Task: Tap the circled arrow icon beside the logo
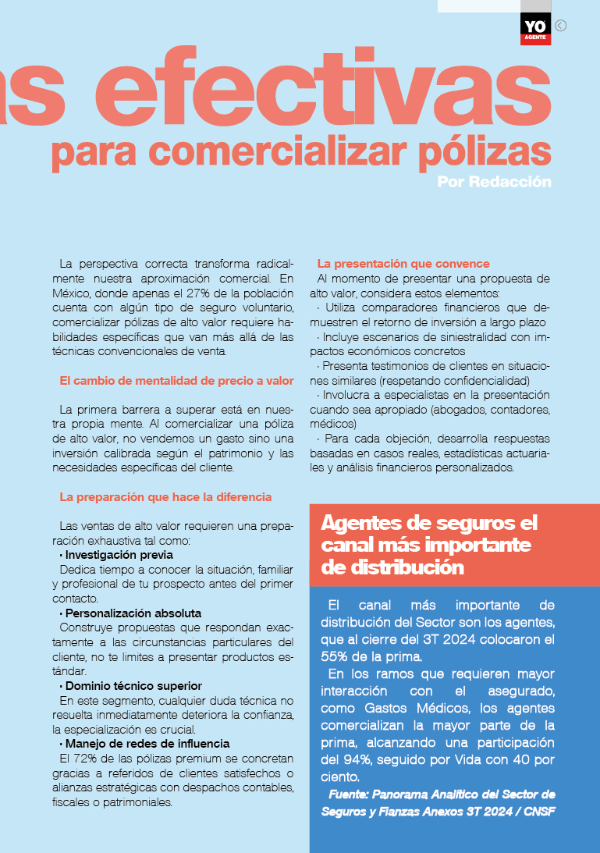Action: tap(560, 25)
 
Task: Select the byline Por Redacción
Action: tap(494, 182)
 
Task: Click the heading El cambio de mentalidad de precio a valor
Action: tap(176, 381)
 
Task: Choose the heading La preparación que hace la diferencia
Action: tap(165, 496)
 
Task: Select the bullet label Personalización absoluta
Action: tap(133, 613)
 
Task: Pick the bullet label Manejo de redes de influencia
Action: tap(147, 743)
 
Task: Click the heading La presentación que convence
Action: tap(403, 264)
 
